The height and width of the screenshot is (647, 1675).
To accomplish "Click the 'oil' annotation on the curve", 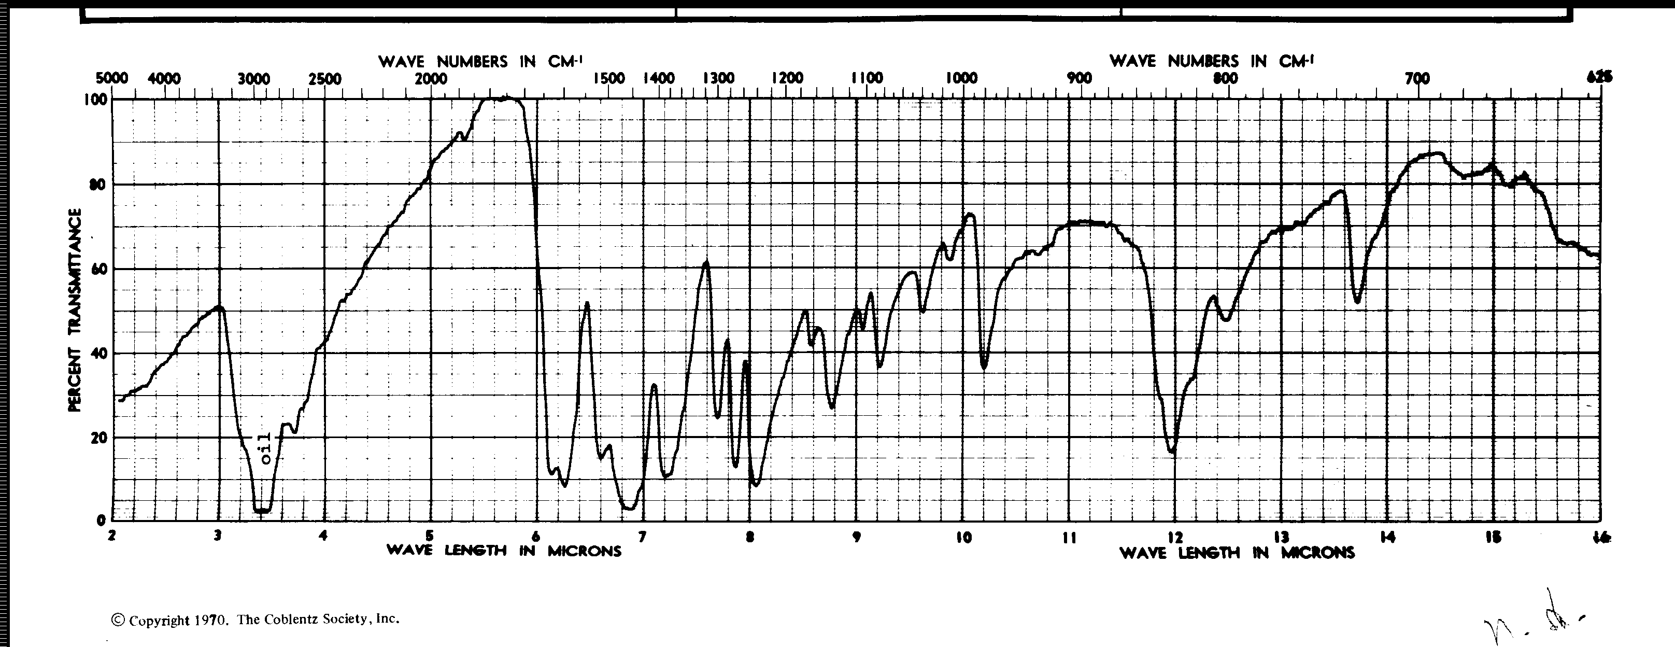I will click(265, 448).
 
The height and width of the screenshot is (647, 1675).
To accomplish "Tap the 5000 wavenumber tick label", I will click(112, 79).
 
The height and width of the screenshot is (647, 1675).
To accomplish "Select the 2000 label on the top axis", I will click(431, 79).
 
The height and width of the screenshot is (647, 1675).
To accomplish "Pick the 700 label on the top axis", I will click(1417, 79).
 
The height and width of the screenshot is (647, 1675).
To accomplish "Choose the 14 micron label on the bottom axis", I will click(1387, 538).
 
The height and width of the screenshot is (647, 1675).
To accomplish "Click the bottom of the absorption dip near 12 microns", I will click(1172, 451).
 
